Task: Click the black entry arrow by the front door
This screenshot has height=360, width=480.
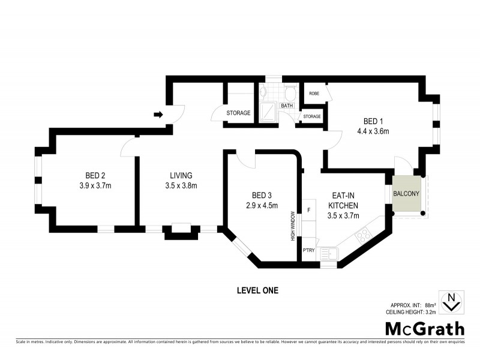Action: click(158, 115)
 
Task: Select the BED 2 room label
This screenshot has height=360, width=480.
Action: click(95, 175)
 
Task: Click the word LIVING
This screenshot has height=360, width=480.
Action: click(181, 175)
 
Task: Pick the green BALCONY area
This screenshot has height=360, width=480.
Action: click(407, 194)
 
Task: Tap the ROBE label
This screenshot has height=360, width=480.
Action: click(313, 94)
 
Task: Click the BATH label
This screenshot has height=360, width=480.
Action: click(287, 106)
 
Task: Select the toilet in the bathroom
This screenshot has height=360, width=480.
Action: click(290, 93)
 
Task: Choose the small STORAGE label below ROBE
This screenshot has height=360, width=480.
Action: click(312, 116)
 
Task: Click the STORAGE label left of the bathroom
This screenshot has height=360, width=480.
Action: click(238, 113)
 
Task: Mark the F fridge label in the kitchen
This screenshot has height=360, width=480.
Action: click(308, 210)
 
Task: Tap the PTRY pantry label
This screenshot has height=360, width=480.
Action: click(308, 250)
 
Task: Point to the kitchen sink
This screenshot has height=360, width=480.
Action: click(329, 256)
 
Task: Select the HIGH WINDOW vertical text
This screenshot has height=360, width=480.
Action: click(293, 226)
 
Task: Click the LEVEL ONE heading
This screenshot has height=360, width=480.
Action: click(258, 290)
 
